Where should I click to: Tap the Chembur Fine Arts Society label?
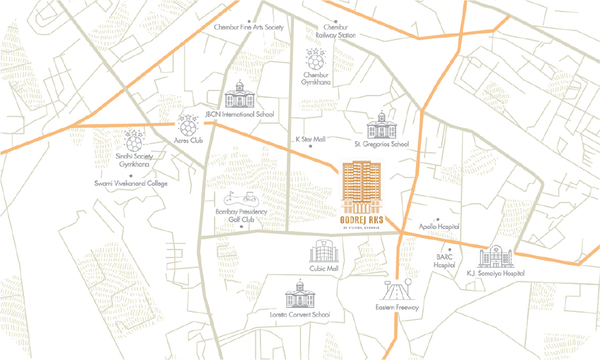tap(248, 27)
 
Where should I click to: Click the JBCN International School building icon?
tap(240, 95)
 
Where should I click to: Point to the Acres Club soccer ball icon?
tap(188, 124)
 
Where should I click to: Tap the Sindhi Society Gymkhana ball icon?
tap(134, 140)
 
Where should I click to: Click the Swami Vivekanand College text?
tap(131, 183)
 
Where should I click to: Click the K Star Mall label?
tap(310, 139)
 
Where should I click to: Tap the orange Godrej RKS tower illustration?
tap(361, 186)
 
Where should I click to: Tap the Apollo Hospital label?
tap(439, 227)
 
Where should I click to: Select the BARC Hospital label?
tap(444, 261)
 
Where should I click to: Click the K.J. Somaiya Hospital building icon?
tap(494, 258)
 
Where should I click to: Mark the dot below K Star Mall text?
tap(311, 146)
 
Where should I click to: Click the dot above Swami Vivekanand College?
tap(131, 175)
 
